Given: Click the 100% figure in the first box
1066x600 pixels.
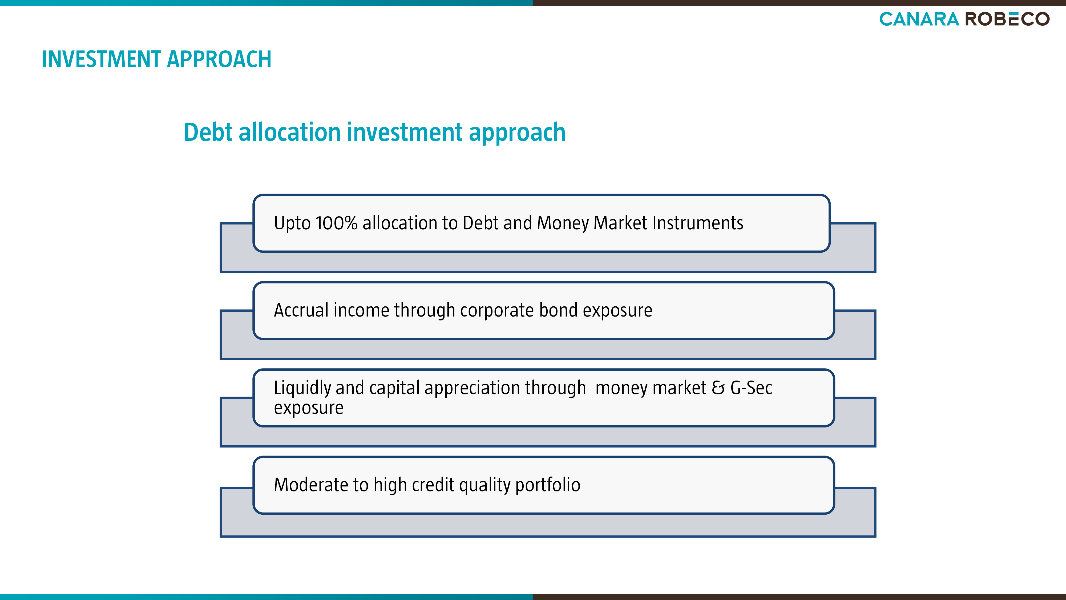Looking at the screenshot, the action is click(336, 223).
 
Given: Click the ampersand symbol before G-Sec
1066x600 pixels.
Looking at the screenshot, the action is click(718, 388).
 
